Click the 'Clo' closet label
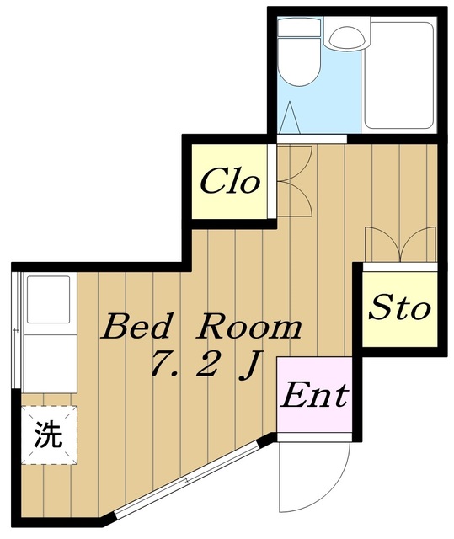[x=229, y=182]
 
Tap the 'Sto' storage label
[x=399, y=308]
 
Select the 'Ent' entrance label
[x=313, y=395]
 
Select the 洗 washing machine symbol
[x=48, y=435]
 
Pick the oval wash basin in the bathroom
[x=345, y=36]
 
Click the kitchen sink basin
[x=49, y=299]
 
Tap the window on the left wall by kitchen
[x=15, y=328]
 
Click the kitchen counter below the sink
[x=49, y=358]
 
